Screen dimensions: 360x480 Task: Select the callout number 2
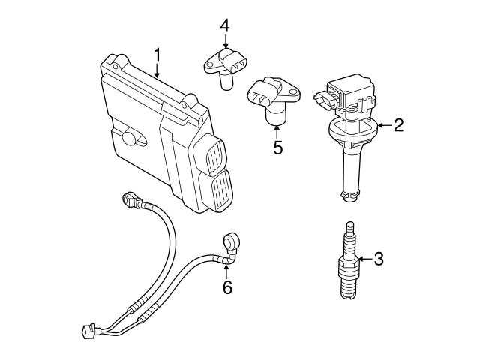click(x=398, y=125)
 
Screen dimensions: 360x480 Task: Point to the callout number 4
click(x=224, y=26)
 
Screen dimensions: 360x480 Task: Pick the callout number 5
click(x=277, y=147)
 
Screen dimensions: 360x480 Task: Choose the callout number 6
click(x=227, y=286)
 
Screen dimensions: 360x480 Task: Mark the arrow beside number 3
click(x=364, y=259)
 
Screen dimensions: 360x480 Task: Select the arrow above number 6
click(x=227, y=268)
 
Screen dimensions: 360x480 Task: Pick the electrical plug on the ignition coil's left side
click(x=323, y=97)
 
